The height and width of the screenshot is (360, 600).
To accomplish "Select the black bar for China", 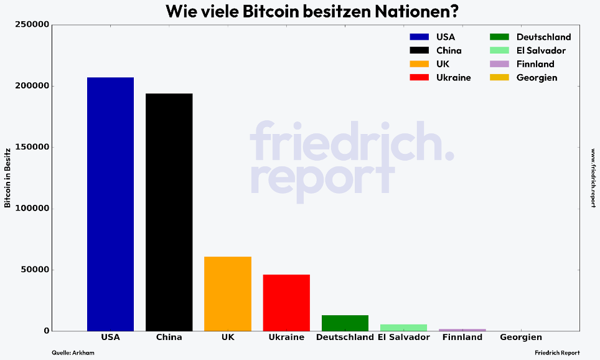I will point(169,212).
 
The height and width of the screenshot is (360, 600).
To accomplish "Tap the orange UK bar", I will point(228,293).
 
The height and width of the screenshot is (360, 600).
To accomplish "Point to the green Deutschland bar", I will point(345,323).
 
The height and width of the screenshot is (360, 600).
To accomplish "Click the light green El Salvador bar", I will point(403,328).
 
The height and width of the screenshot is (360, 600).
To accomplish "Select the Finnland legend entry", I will point(535,64).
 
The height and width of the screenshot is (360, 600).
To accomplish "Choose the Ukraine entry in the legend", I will point(453,78).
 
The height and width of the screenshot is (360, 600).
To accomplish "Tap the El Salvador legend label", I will point(541,50).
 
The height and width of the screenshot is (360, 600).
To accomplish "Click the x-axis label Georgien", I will point(521,338).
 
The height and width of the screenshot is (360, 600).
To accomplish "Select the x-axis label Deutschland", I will point(345,338).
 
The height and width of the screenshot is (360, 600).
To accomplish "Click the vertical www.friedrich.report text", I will point(593,178).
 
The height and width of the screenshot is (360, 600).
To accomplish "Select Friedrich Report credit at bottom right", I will point(557,353).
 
